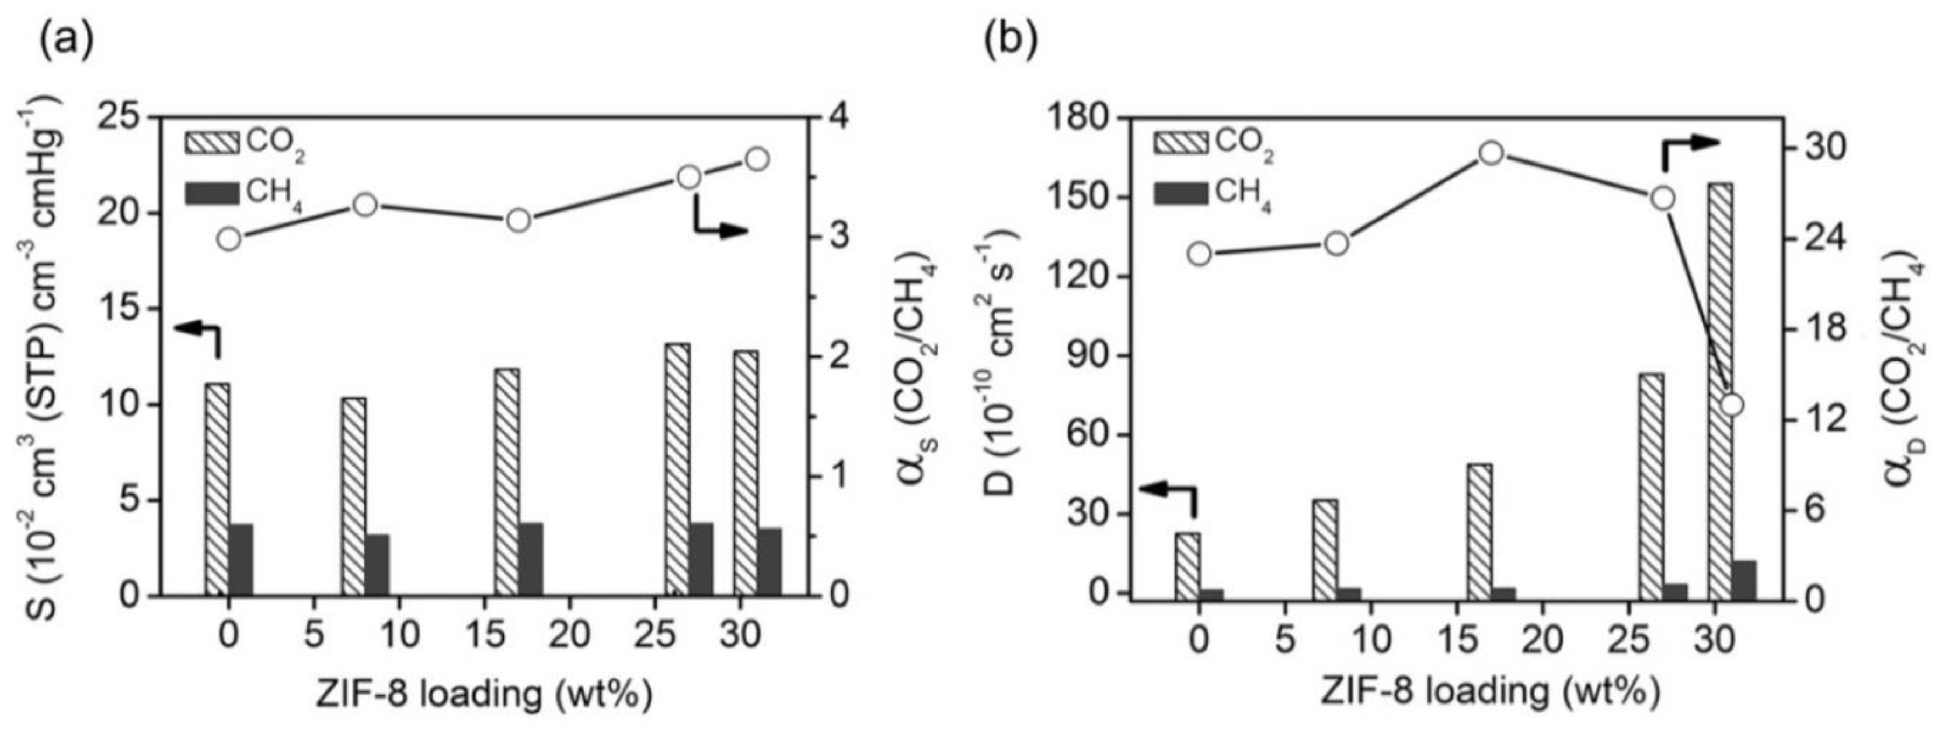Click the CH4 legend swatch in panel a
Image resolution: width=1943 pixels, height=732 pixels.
click(212, 193)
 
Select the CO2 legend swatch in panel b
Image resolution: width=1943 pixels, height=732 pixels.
click(1180, 142)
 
